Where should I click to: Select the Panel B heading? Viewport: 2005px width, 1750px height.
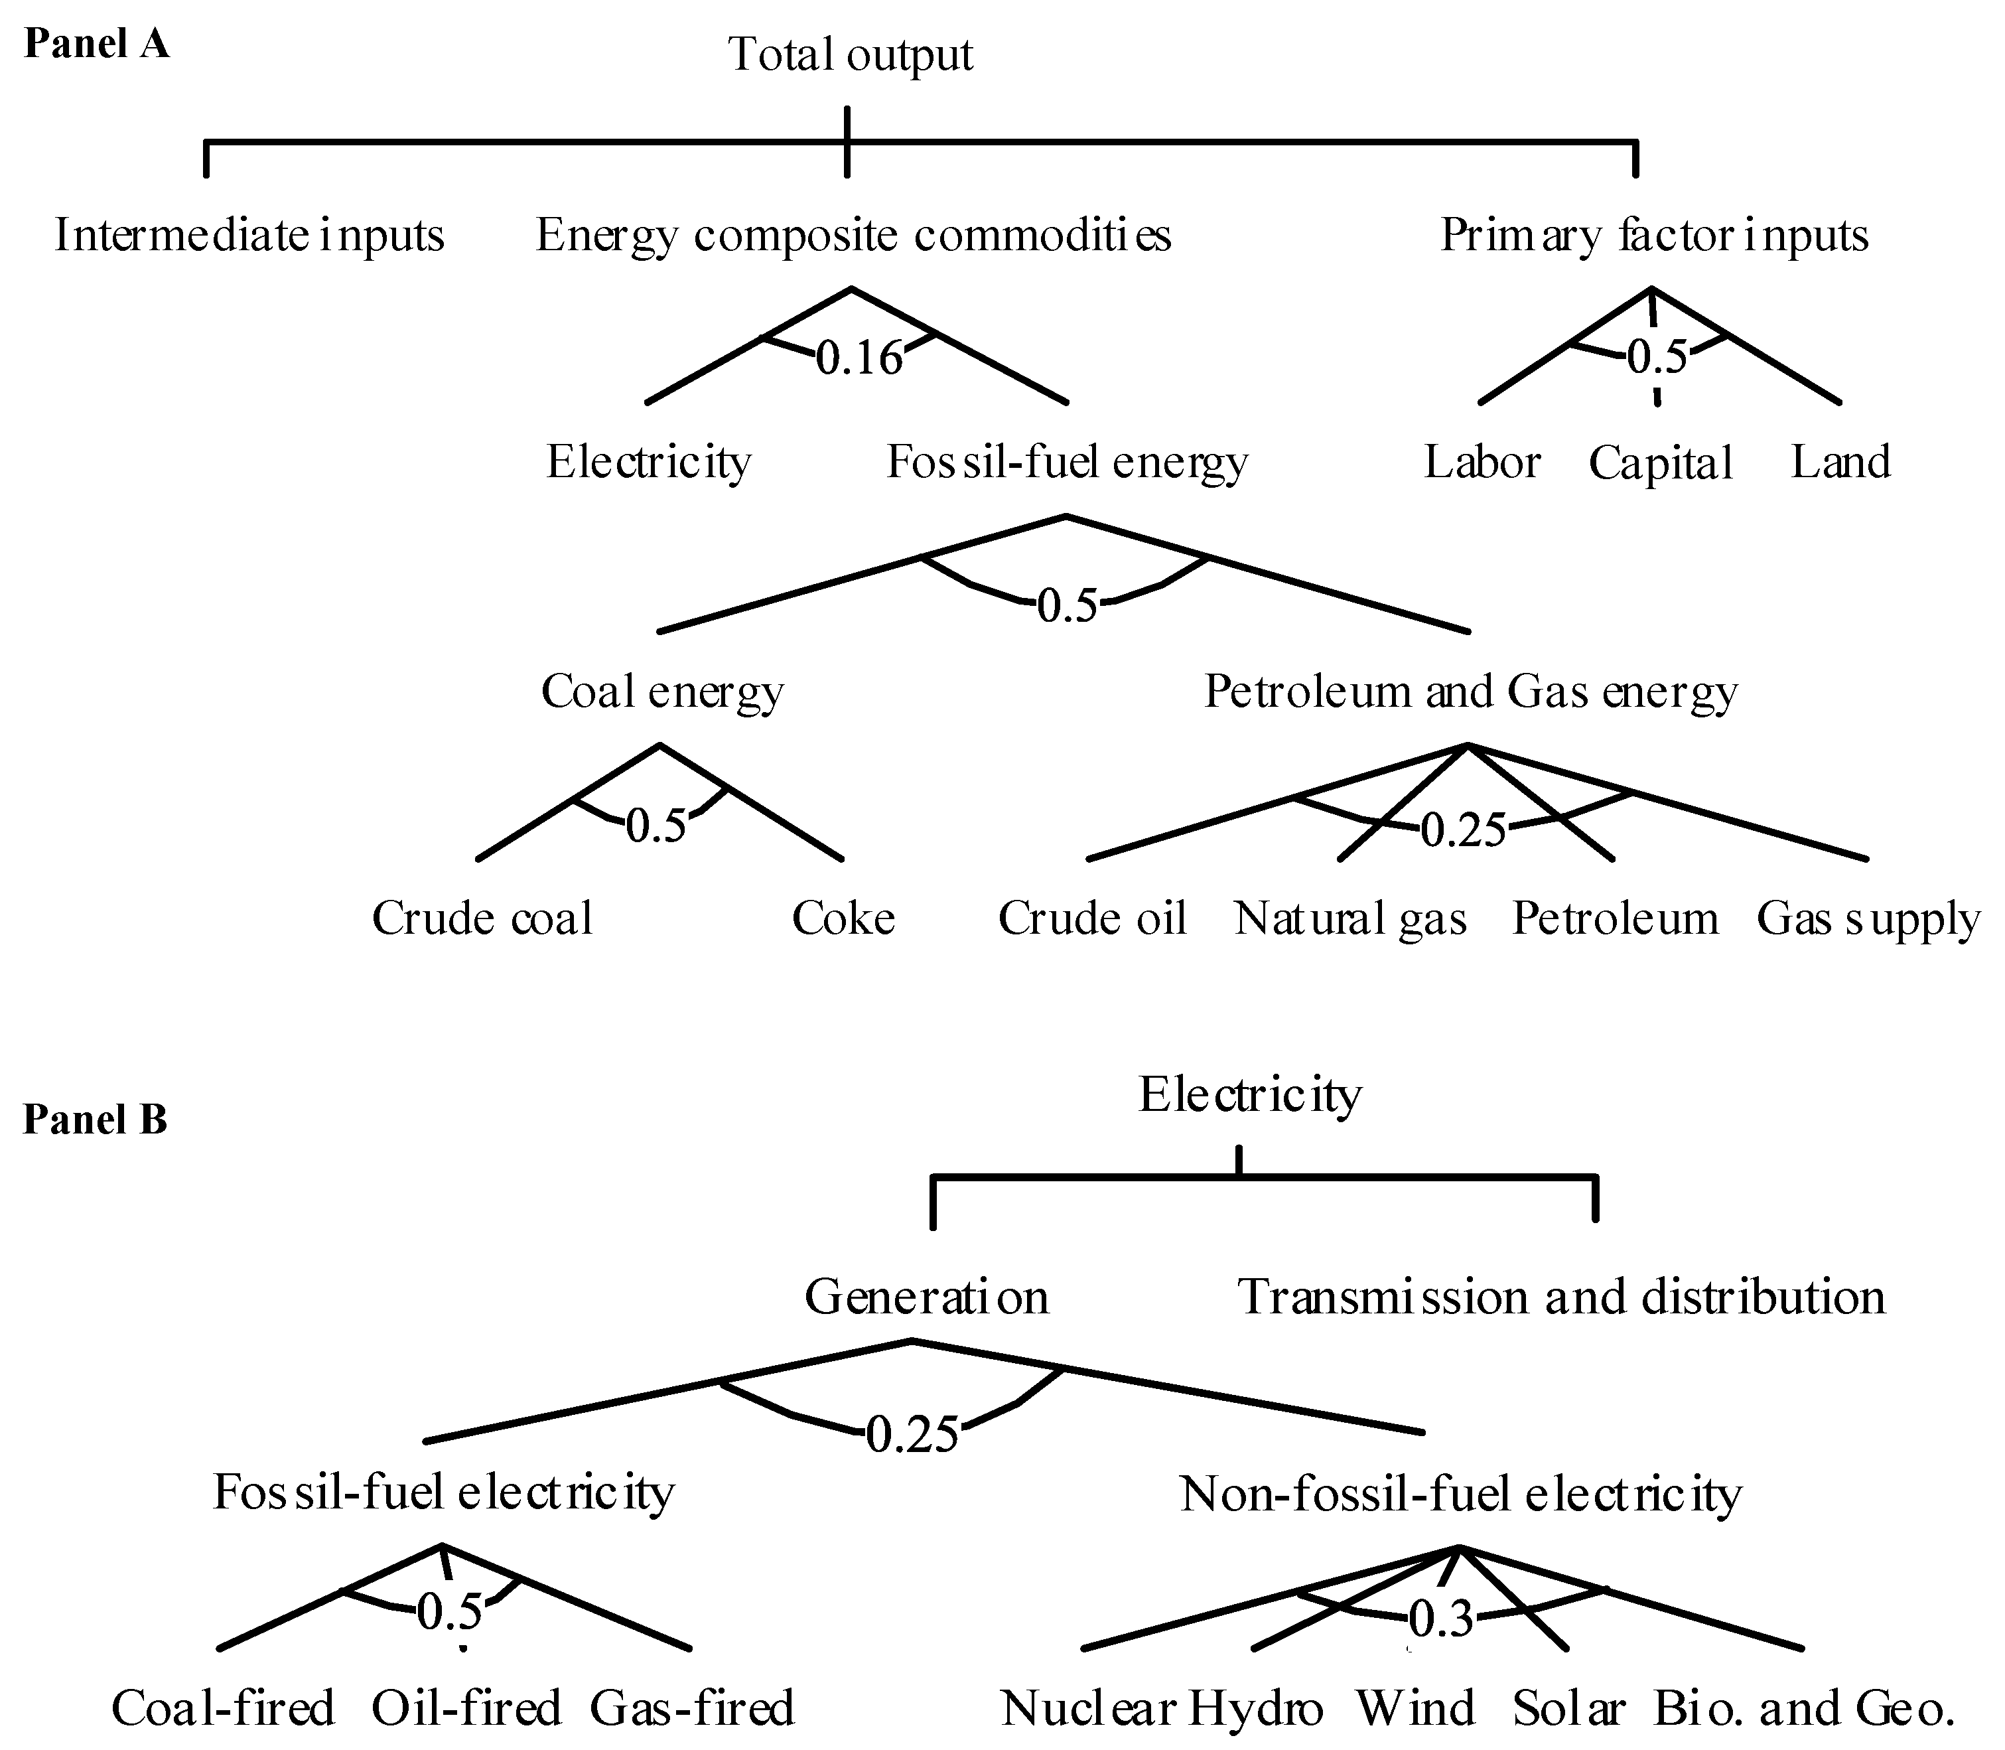[95, 1119]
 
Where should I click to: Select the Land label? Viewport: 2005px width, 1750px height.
[1840, 462]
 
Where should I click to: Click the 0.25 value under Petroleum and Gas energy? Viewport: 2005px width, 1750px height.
[1462, 830]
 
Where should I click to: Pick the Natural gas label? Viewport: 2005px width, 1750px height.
[1350, 919]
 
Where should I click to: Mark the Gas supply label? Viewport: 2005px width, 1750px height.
[1868, 919]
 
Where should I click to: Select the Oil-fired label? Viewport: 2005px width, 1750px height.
[466, 1708]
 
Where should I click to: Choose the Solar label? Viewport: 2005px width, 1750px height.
[1568, 1708]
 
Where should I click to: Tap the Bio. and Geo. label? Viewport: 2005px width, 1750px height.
[1804, 1708]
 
